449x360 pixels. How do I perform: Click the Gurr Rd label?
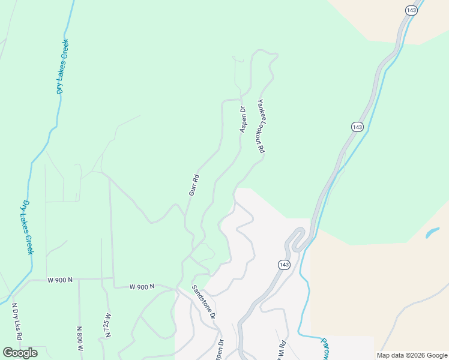tap(193, 185)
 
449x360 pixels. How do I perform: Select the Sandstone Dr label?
tap(203, 301)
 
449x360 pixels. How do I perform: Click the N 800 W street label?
tap(79, 338)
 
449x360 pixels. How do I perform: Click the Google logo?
tap(20, 352)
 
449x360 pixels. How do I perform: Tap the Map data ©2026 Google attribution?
tap(412, 355)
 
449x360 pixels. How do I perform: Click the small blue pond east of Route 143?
tap(432, 232)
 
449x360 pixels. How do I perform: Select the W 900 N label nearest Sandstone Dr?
tap(142, 287)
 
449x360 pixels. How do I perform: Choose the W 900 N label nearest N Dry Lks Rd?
tap(60, 280)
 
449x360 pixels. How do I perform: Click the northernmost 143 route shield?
tap(411, 11)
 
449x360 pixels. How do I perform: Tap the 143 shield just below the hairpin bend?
tap(284, 265)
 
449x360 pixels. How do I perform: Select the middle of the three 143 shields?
tap(357, 127)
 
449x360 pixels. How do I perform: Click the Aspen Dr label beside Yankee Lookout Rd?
tap(244, 119)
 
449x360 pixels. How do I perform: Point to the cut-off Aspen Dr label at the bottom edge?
tap(220, 351)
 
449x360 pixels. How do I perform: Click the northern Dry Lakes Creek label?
tap(62, 67)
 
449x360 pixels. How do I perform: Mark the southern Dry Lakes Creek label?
tap(28, 227)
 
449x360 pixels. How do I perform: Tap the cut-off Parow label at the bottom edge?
tap(325, 349)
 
